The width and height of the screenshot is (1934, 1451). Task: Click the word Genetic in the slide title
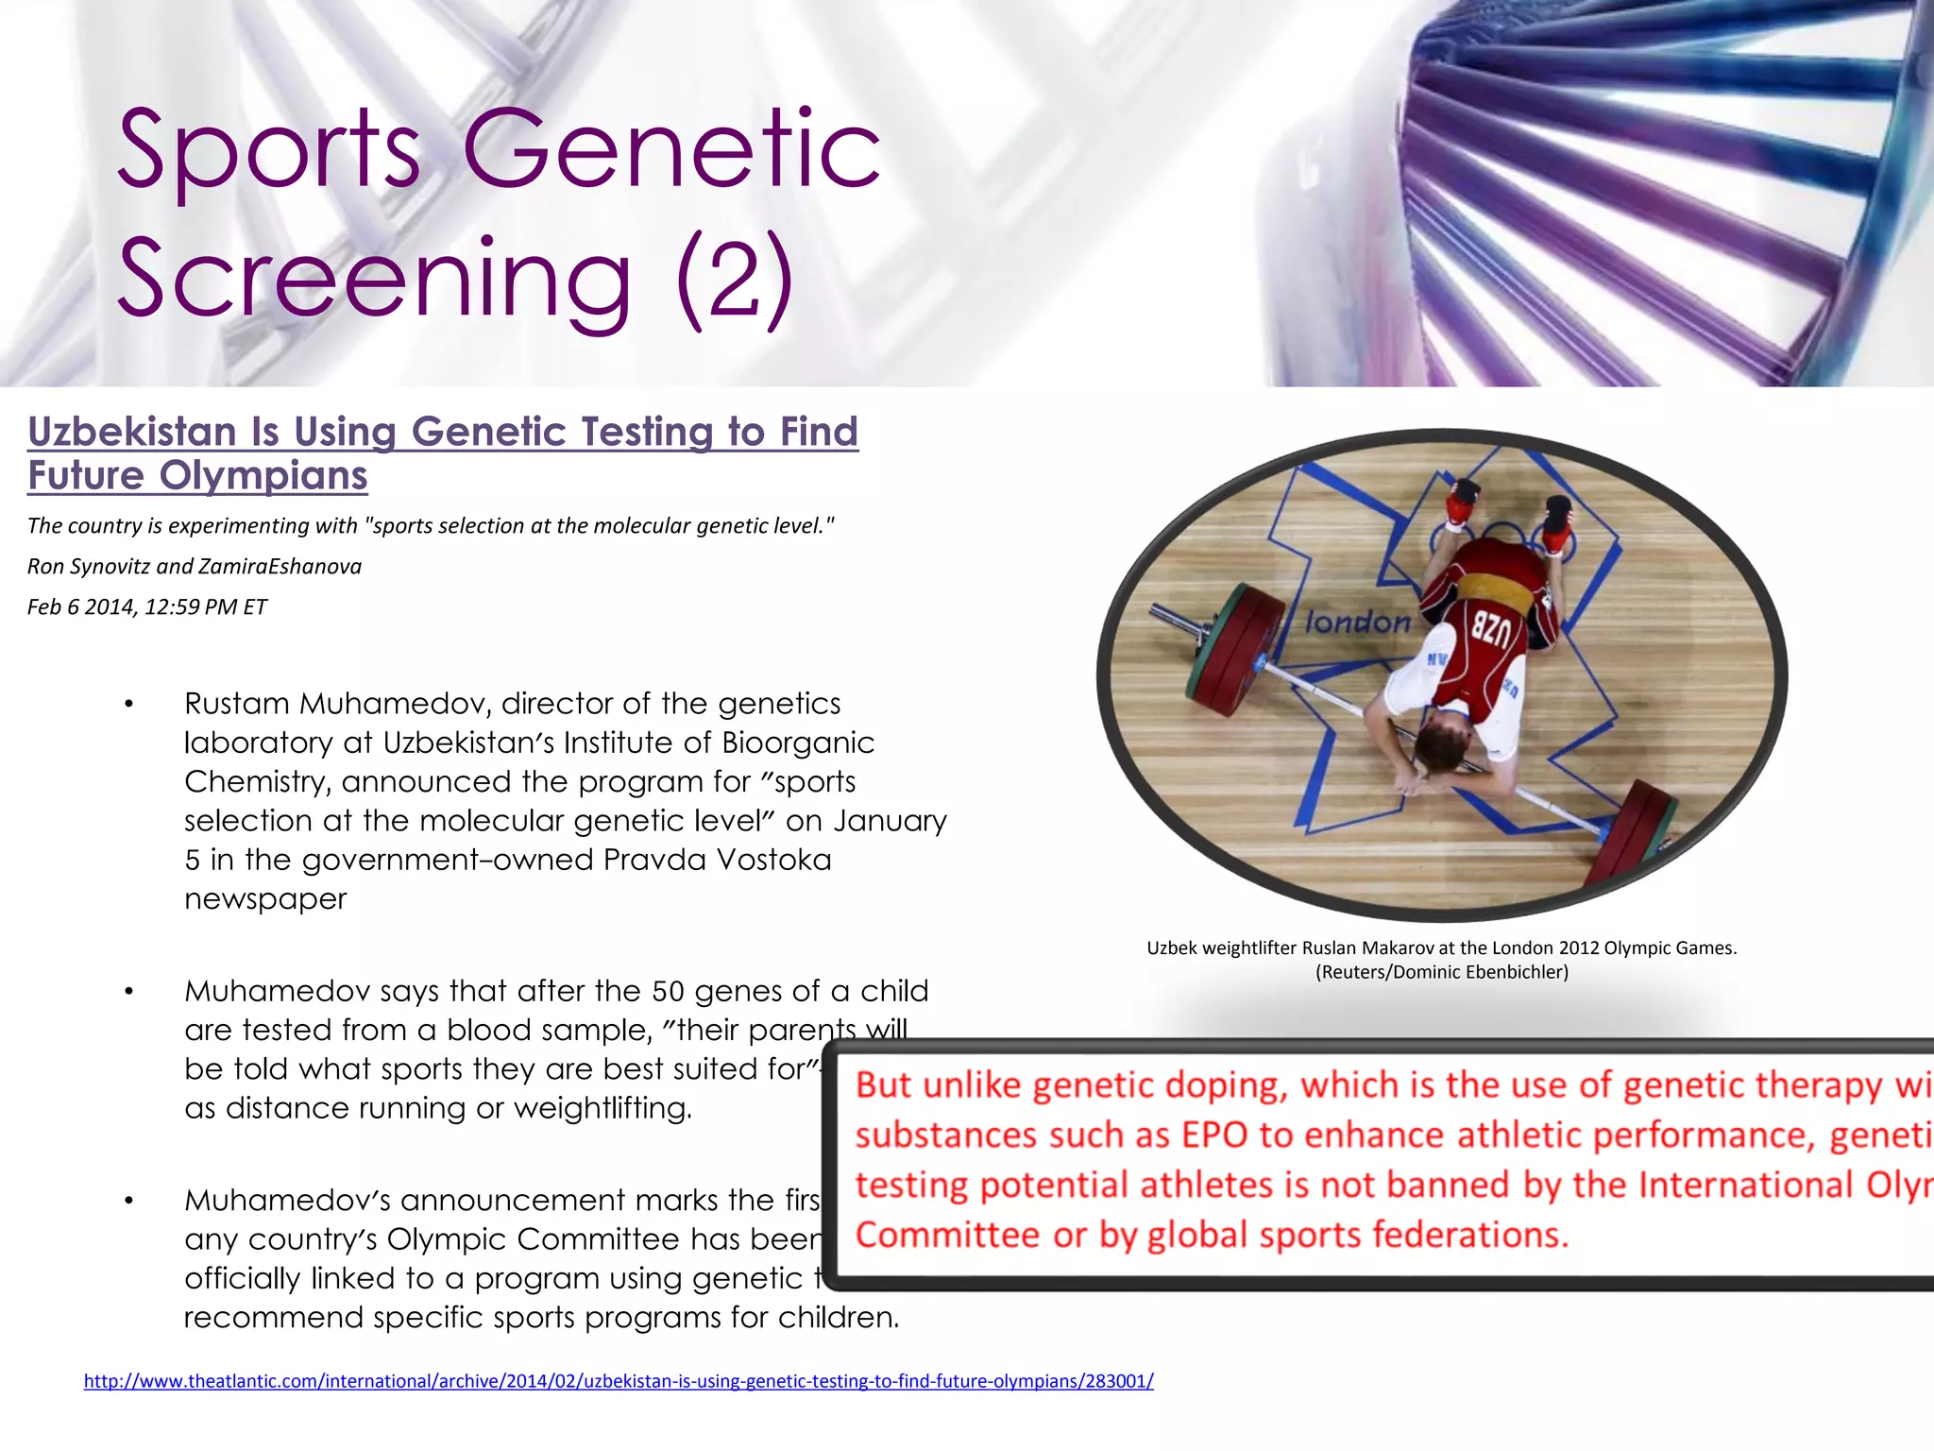pos(670,151)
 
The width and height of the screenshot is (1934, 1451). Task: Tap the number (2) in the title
pos(735,280)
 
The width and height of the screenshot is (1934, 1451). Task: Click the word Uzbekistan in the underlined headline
pos(131,433)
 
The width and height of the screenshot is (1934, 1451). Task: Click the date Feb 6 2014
pos(81,607)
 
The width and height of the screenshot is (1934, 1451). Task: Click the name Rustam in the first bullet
pos(237,704)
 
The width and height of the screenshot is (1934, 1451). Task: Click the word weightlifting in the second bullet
pos(602,1108)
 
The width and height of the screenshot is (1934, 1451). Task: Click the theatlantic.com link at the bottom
pos(619,1381)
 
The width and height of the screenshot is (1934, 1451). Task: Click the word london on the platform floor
pos(1357,622)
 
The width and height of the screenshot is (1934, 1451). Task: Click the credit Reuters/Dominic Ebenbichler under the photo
pos(1441,972)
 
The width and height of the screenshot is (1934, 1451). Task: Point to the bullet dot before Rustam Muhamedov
pos(128,705)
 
